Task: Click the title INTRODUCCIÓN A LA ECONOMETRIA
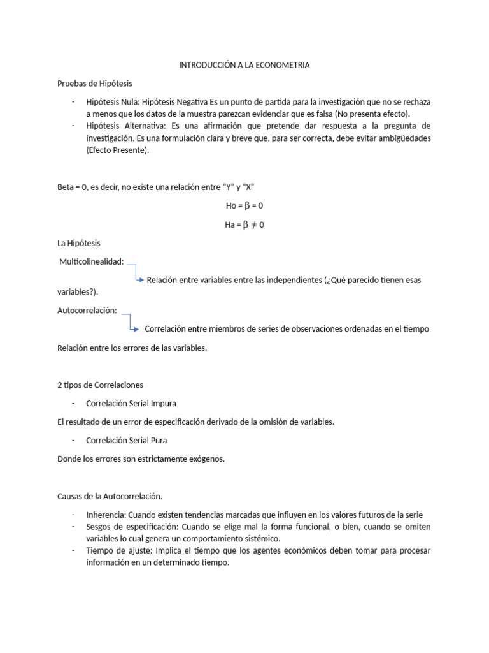pyautogui.click(x=244, y=65)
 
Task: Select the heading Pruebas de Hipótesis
pyautogui.click(x=95, y=84)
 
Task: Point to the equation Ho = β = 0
pyautogui.click(x=244, y=206)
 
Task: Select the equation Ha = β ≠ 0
pyautogui.click(x=244, y=224)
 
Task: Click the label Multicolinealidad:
pyautogui.click(x=91, y=261)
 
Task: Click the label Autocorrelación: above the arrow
pyautogui.click(x=87, y=310)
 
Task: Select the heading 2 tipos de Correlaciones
pyautogui.click(x=100, y=385)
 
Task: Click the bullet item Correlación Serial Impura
pyautogui.click(x=131, y=403)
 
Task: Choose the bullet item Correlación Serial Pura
pyautogui.click(x=127, y=440)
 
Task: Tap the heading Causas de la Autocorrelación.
pyautogui.click(x=110, y=496)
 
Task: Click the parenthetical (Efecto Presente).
pyautogui.click(x=118, y=150)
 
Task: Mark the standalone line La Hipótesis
pyautogui.click(x=78, y=243)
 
